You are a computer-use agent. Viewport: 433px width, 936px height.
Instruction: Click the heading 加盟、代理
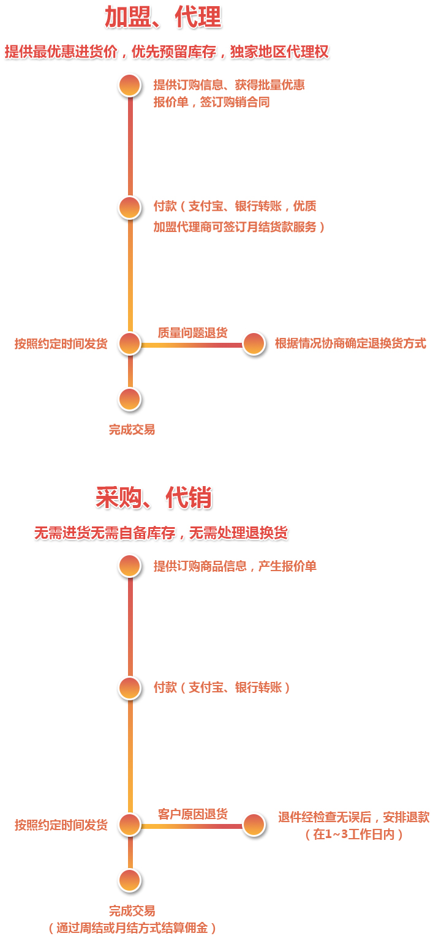162,18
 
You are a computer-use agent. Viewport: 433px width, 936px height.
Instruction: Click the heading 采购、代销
154,498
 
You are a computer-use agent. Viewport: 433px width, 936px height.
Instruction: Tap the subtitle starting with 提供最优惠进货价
167,52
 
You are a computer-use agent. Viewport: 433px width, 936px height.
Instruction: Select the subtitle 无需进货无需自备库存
161,533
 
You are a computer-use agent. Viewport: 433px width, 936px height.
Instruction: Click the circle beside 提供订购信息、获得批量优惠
130,85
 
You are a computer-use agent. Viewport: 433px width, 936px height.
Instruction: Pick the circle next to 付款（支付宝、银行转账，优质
130,208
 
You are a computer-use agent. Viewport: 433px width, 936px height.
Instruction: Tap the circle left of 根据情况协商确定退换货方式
254,343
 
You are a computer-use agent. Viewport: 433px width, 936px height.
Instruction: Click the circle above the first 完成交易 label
130,399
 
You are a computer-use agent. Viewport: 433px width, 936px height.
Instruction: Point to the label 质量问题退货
192,333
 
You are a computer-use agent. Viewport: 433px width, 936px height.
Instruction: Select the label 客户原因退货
192,814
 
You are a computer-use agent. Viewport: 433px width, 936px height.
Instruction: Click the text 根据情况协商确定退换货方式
350,343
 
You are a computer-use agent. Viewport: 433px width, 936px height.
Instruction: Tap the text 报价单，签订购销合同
211,102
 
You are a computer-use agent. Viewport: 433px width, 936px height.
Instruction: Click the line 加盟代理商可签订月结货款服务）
239,227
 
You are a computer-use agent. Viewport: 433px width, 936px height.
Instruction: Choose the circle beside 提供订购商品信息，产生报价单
130,566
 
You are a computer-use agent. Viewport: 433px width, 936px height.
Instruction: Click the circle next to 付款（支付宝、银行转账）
130,688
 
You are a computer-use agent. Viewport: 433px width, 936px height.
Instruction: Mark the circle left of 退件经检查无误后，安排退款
254,825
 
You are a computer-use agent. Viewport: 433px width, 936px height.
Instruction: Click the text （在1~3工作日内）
354,834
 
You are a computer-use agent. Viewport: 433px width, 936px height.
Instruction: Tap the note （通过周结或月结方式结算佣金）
132,928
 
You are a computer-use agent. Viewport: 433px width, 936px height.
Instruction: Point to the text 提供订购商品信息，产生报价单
235,566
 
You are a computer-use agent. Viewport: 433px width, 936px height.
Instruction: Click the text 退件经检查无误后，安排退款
354,817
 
